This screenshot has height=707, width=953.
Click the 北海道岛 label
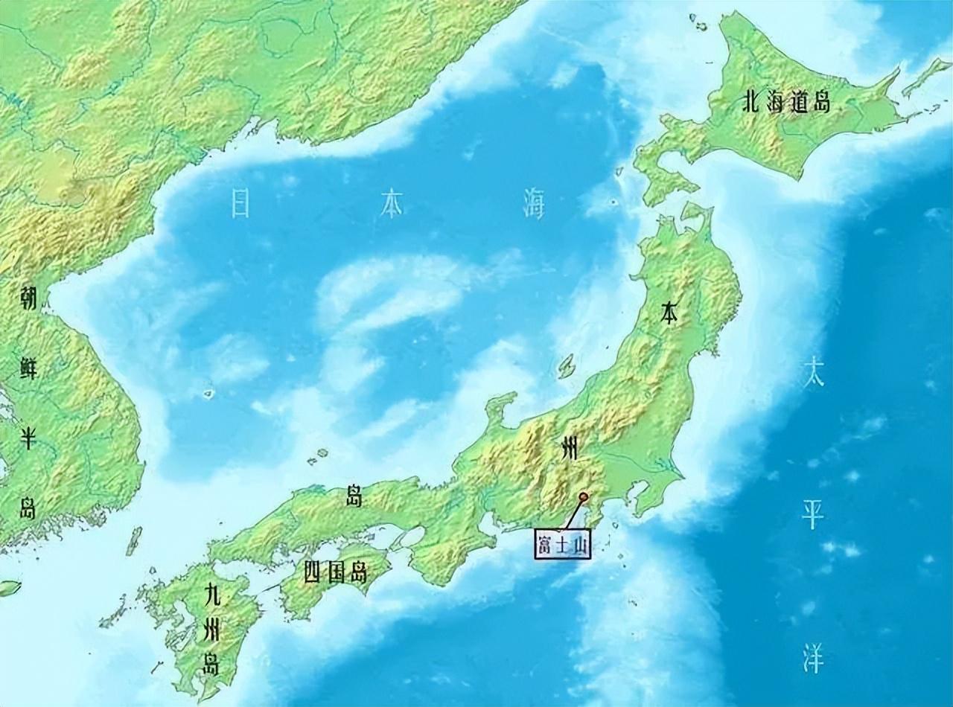[785, 102]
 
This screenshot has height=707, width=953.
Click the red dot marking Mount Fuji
[584, 496]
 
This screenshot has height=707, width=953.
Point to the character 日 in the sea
[240, 203]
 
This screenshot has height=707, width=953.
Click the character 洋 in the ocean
[812, 658]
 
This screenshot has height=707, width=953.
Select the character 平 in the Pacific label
[812, 514]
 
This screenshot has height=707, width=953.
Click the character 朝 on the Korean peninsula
[28, 298]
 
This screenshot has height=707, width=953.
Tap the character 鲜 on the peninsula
[28, 368]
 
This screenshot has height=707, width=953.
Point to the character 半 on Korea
[28, 438]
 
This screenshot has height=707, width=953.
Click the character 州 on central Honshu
[570, 449]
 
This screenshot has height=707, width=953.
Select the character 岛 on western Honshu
[355, 496]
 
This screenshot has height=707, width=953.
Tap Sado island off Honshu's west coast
[567, 365]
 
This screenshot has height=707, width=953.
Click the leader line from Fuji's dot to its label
[573, 514]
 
